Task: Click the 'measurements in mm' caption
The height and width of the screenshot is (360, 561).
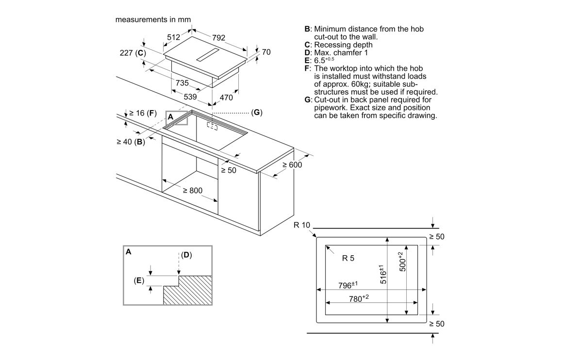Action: pyautogui.click(x=153, y=20)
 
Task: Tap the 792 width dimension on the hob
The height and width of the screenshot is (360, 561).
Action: pyautogui.click(x=219, y=36)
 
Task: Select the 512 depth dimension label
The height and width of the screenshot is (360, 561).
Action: pyautogui.click(x=173, y=36)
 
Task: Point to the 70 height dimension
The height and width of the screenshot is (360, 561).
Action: pyautogui.click(x=266, y=52)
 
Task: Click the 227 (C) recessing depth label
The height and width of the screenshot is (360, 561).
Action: pyautogui.click(x=132, y=53)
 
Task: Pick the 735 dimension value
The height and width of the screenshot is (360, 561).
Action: pyautogui.click(x=182, y=83)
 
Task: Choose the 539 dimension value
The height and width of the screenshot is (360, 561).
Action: pyautogui.click(x=190, y=97)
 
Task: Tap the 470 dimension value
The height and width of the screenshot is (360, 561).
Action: pyautogui.click(x=226, y=97)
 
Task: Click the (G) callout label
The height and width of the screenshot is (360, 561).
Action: pyautogui.click(x=256, y=113)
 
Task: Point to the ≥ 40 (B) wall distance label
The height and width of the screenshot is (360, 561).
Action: pyautogui.click(x=131, y=142)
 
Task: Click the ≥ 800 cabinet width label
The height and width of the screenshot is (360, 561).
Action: pyautogui.click(x=192, y=191)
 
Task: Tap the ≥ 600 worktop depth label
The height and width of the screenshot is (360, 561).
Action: pyautogui.click(x=292, y=165)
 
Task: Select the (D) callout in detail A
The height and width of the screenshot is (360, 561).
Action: pyautogui.click(x=186, y=255)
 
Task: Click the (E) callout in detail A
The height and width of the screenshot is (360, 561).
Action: pyautogui.click(x=139, y=280)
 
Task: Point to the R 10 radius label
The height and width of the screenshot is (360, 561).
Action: pyautogui.click(x=301, y=225)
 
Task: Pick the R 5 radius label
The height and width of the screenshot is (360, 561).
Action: pyautogui.click(x=348, y=258)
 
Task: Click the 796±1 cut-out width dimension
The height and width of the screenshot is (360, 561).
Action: pyautogui.click(x=347, y=285)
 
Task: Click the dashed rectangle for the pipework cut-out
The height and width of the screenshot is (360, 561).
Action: pyautogui.click(x=212, y=125)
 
